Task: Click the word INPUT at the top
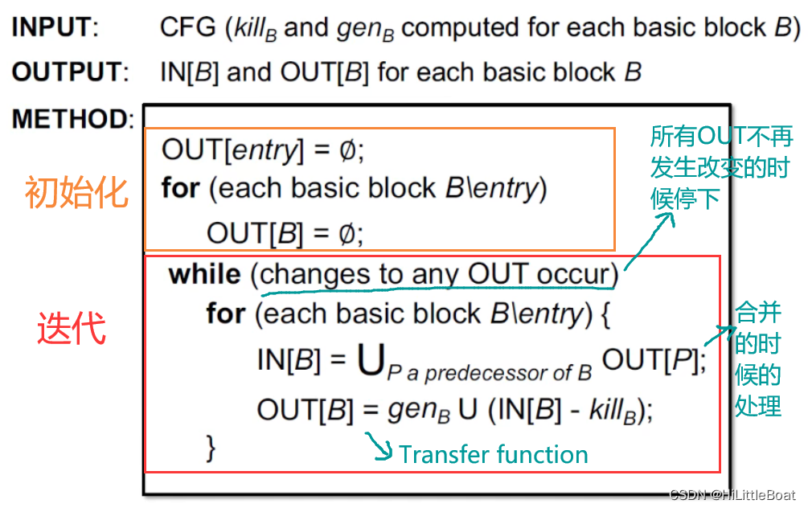coord(53,27)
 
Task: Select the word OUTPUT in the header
coord(69,72)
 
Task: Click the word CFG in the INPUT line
coord(188,27)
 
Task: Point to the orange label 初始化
coord(76,193)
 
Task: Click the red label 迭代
coord(72,328)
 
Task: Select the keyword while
coord(204,274)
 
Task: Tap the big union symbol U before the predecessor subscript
coord(370,362)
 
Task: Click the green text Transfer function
coord(494,454)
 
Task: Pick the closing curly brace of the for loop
coord(211,447)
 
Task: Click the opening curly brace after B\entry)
coord(605,313)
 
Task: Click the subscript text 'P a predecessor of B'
coord(489,372)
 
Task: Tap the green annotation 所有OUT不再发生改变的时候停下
coord(721,167)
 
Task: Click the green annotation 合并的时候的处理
coord(758,359)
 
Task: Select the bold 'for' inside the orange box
coord(180,189)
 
